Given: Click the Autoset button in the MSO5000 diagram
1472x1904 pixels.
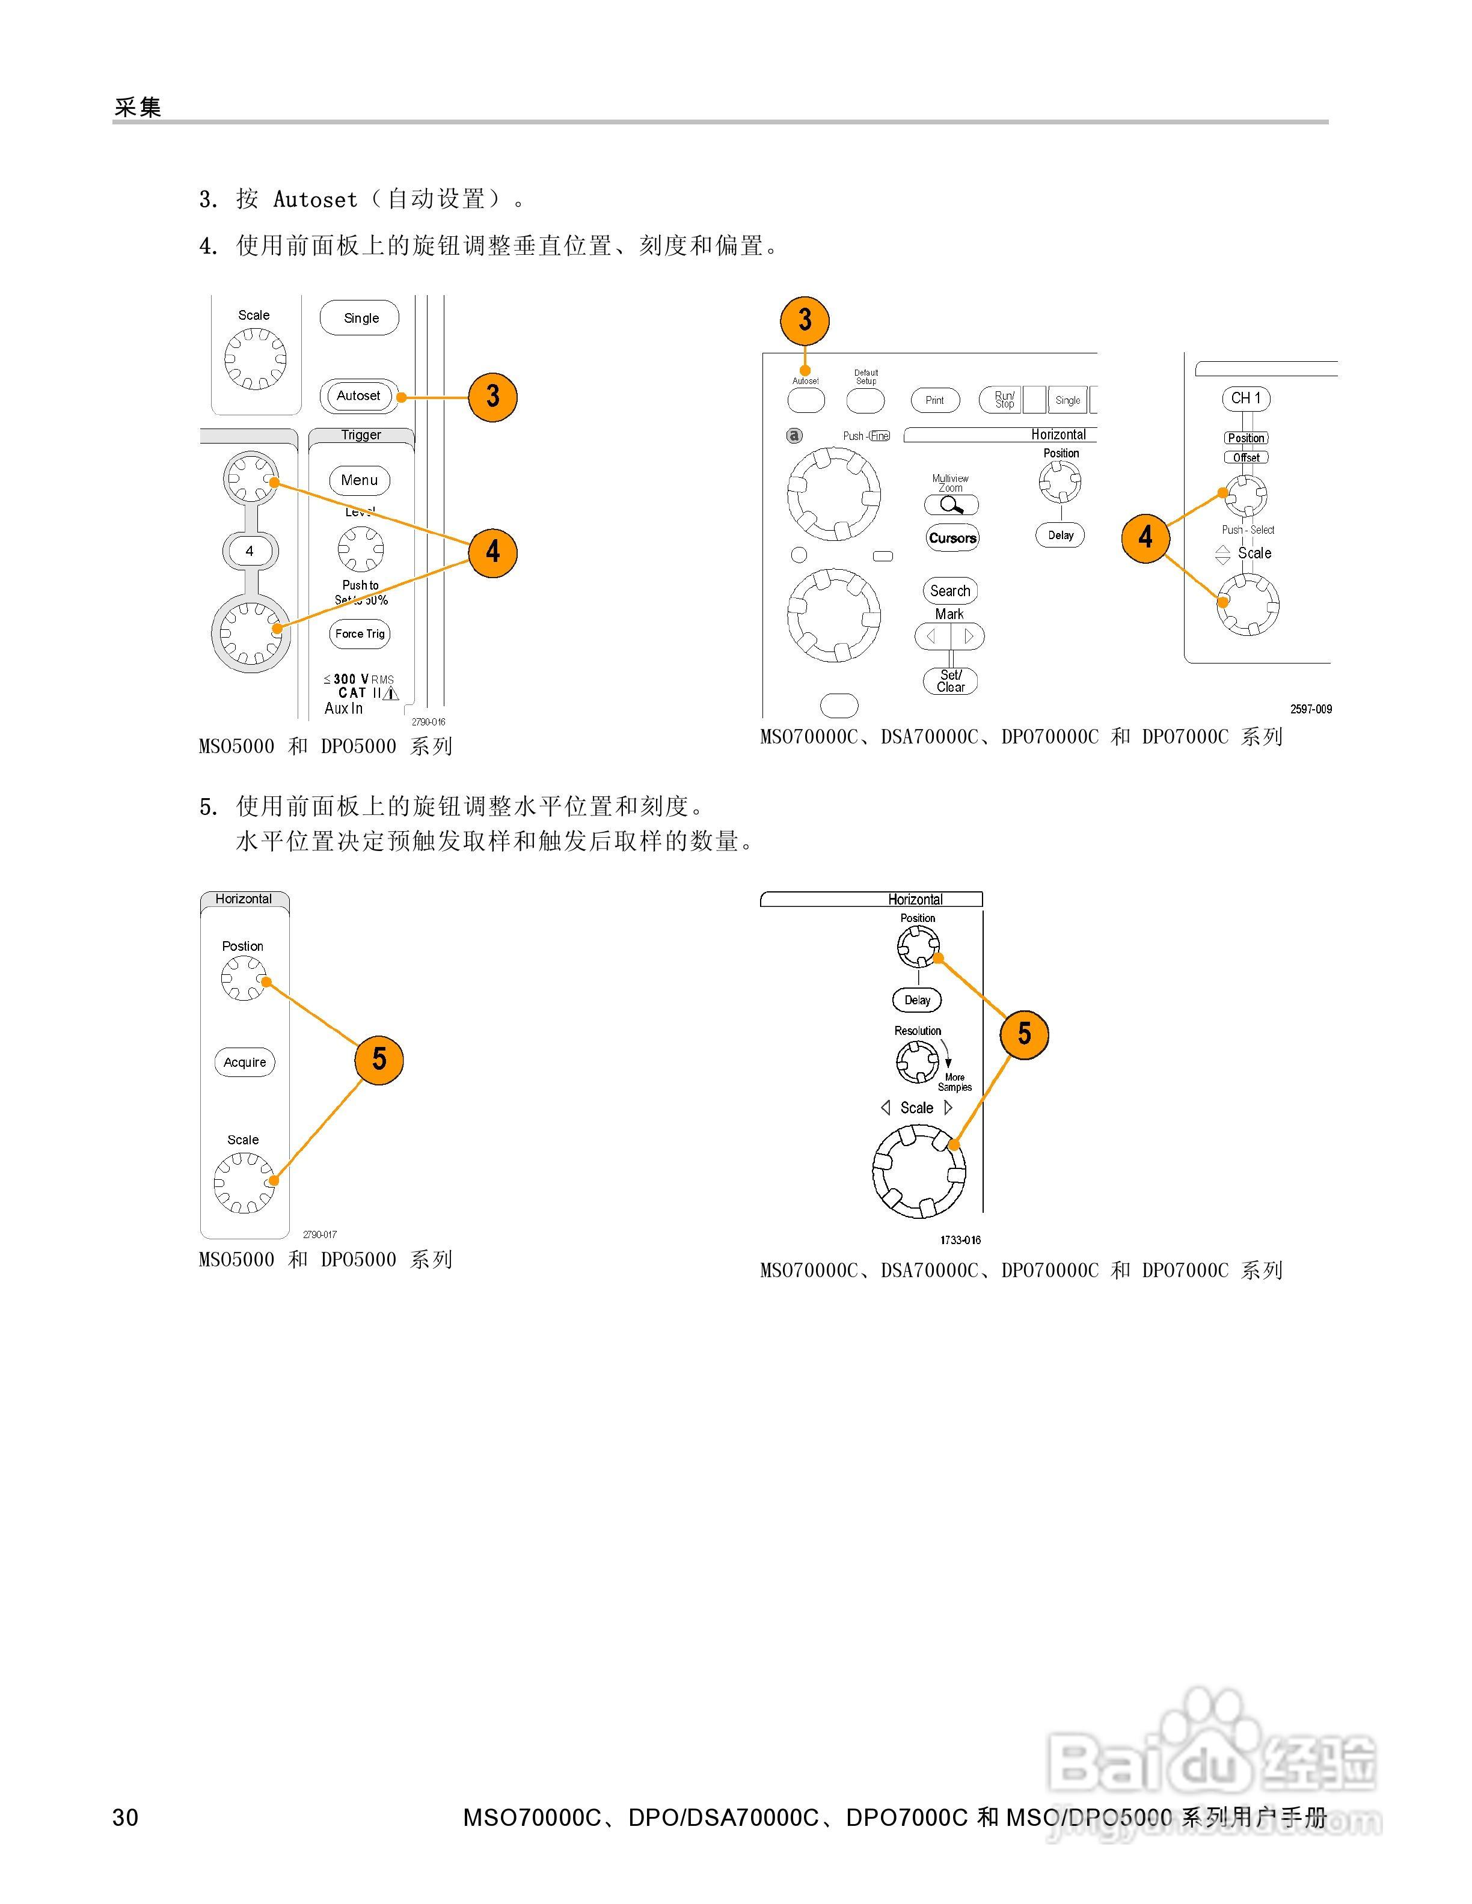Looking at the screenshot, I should tap(358, 396).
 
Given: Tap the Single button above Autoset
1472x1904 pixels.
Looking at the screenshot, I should tap(360, 318).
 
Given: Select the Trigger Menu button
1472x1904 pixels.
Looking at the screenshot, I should tap(359, 480).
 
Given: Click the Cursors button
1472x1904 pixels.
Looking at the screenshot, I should tap(952, 538).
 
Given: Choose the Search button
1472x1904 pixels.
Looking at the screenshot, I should tap(949, 591).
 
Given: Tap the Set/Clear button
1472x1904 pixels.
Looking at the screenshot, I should tap(951, 682).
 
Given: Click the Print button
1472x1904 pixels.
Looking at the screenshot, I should tap(935, 400).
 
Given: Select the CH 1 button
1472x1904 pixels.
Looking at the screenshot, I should tap(1245, 398).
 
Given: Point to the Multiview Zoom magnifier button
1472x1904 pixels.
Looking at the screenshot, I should tap(951, 505).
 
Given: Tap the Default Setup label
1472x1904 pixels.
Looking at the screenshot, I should tap(866, 377).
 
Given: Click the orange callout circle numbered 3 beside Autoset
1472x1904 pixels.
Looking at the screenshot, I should tap(492, 397).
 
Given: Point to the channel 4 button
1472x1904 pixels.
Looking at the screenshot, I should tap(250, 551).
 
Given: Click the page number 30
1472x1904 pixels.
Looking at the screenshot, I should tap(126, 1817).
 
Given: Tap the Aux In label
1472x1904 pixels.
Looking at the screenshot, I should tap(343, 709).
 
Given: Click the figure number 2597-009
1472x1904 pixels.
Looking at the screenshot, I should tap(1311, 709).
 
